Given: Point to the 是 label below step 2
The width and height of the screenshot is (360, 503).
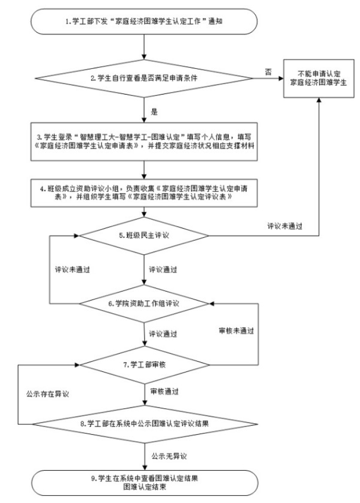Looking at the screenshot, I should click(x=154, y=111).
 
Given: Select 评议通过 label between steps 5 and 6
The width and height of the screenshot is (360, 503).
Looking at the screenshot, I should click(x=164, y=268).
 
